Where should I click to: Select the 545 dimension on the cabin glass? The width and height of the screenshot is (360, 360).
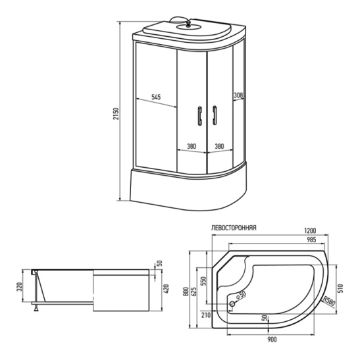tap(156, 97)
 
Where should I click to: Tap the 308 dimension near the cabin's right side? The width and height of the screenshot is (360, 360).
tap(238, 95)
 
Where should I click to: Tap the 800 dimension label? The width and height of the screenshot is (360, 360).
tap(188, 290)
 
